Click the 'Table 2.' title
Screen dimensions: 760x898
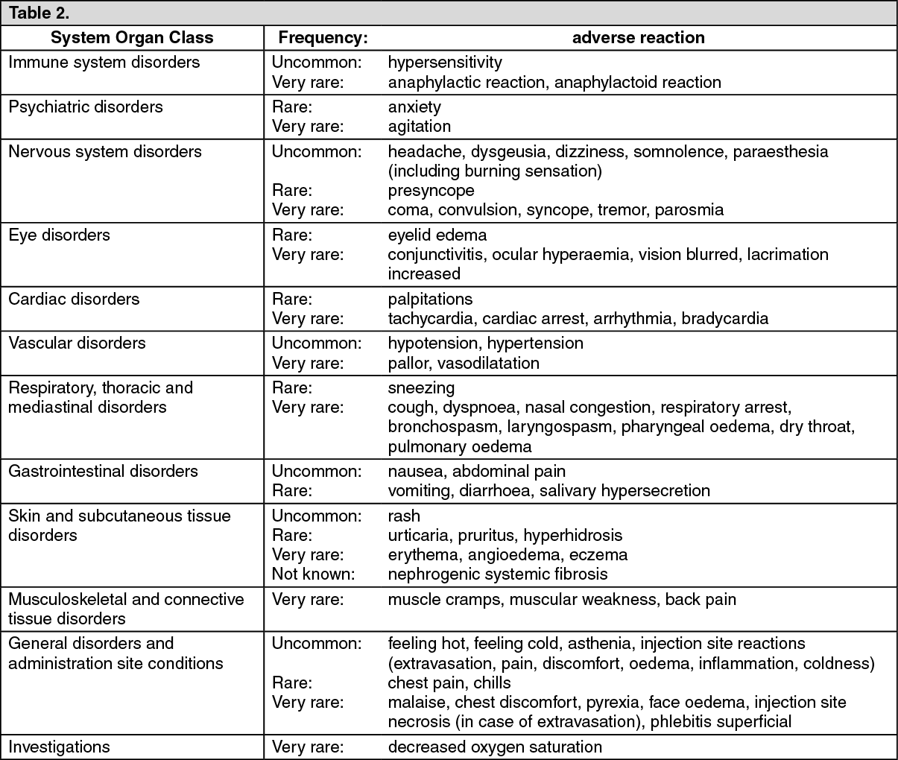[39, 13]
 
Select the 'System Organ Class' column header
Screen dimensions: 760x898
[132, 38]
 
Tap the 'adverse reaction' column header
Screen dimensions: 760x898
[638, 38]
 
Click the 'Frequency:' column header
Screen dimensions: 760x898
[323, 38]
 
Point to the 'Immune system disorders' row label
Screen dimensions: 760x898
[104, 63]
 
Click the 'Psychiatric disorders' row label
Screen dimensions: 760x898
[85, 107]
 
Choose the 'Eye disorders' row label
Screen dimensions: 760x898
[59, 235]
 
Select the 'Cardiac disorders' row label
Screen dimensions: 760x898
[74, 300]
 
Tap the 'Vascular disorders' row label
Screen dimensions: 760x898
[77, 343]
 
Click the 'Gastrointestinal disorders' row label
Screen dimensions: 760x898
[103, 472]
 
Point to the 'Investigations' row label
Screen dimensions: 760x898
[59, 747]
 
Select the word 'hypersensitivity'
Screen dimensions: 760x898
[445, 63]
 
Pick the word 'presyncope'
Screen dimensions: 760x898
[431, 191]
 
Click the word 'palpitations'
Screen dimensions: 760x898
[430, 300]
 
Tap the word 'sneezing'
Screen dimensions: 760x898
[421, 388]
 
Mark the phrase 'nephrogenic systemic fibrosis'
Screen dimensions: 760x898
[497, 574]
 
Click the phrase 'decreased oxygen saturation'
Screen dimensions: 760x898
[495, 747]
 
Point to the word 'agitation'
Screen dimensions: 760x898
[419, 127]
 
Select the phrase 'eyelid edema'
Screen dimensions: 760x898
[437, 235]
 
